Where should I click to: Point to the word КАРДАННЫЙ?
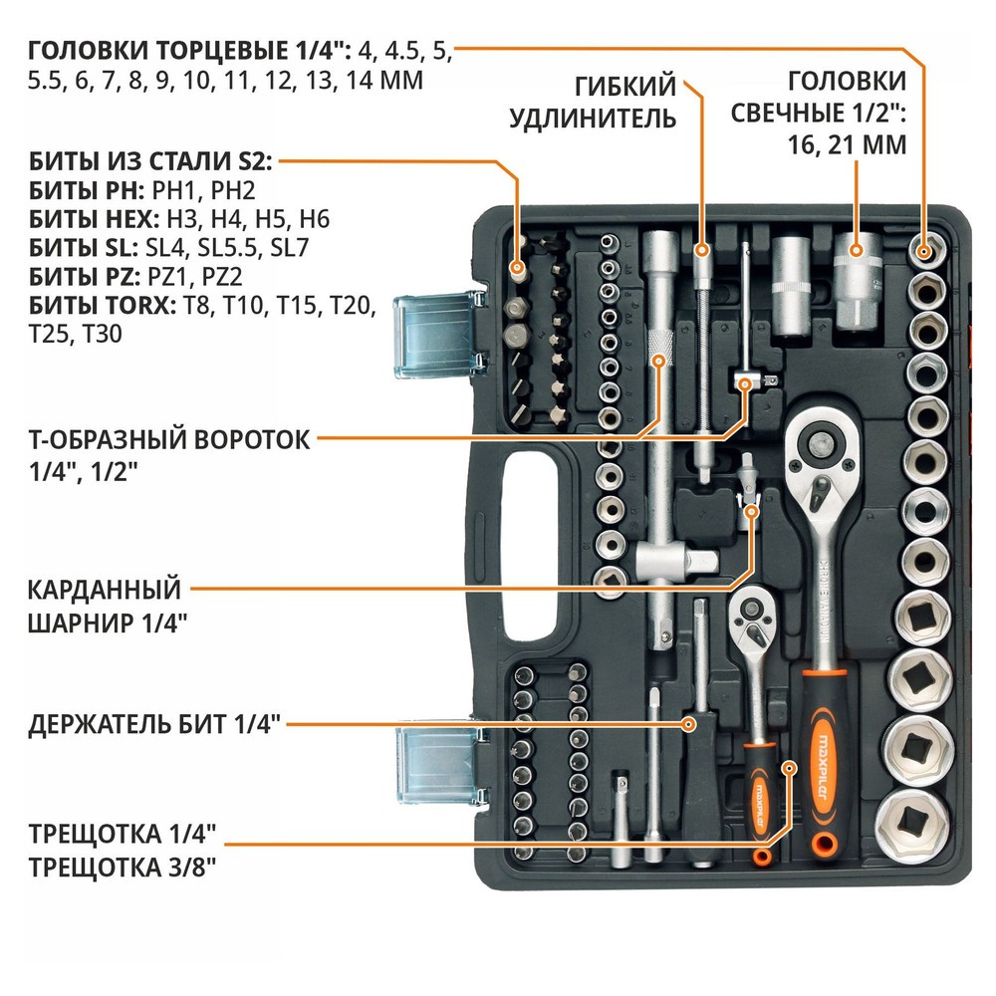click(x=105, y=590)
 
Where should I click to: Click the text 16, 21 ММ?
click(x=846, y=144)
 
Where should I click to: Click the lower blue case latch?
click(x=431, y=759)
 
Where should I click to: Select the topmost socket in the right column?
click(x=928, y=249)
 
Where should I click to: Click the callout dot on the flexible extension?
click(x=701, y=249)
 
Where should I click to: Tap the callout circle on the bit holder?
click(x=688, y=723)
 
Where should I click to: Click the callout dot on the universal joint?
click(x=752, y=510)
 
